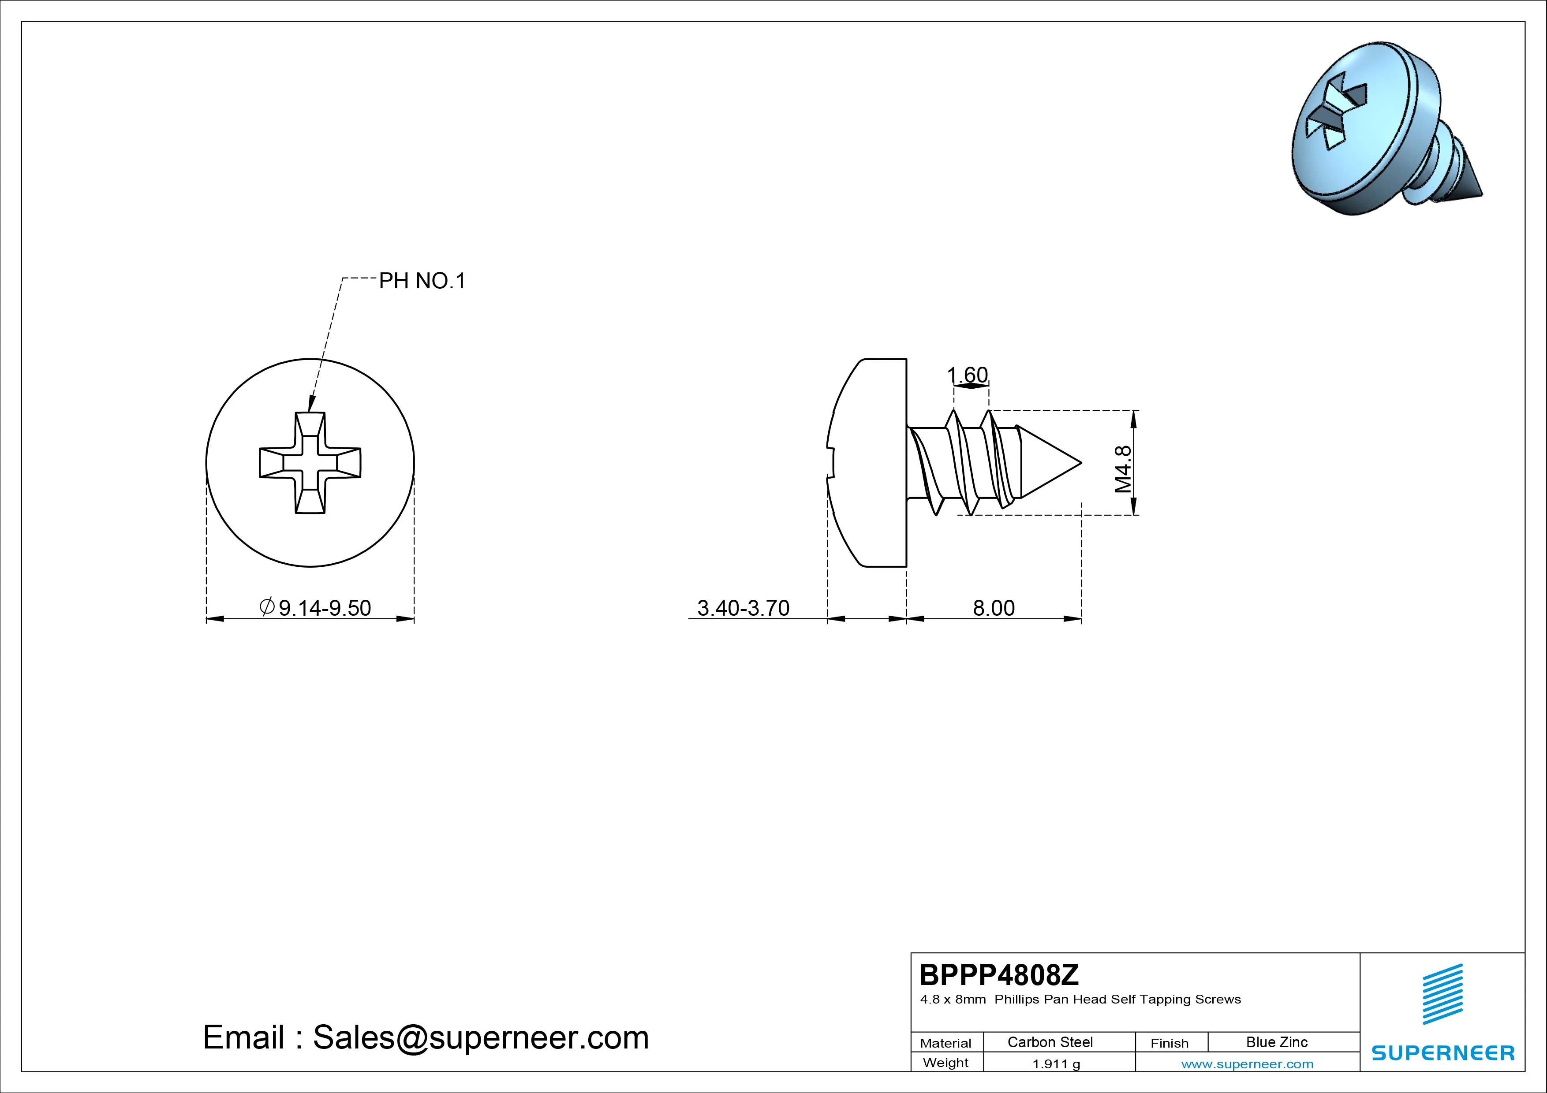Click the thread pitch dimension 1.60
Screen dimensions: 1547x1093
pyautogui.click(x=968, y=375)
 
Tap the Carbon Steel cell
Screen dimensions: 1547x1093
pyautogui.click(x=1050, y=1042)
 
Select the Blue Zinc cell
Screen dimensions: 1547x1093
pyautogui.click(x=1277, y=1042)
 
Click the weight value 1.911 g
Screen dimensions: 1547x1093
pyautogui.click(x=1056, y=1064)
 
